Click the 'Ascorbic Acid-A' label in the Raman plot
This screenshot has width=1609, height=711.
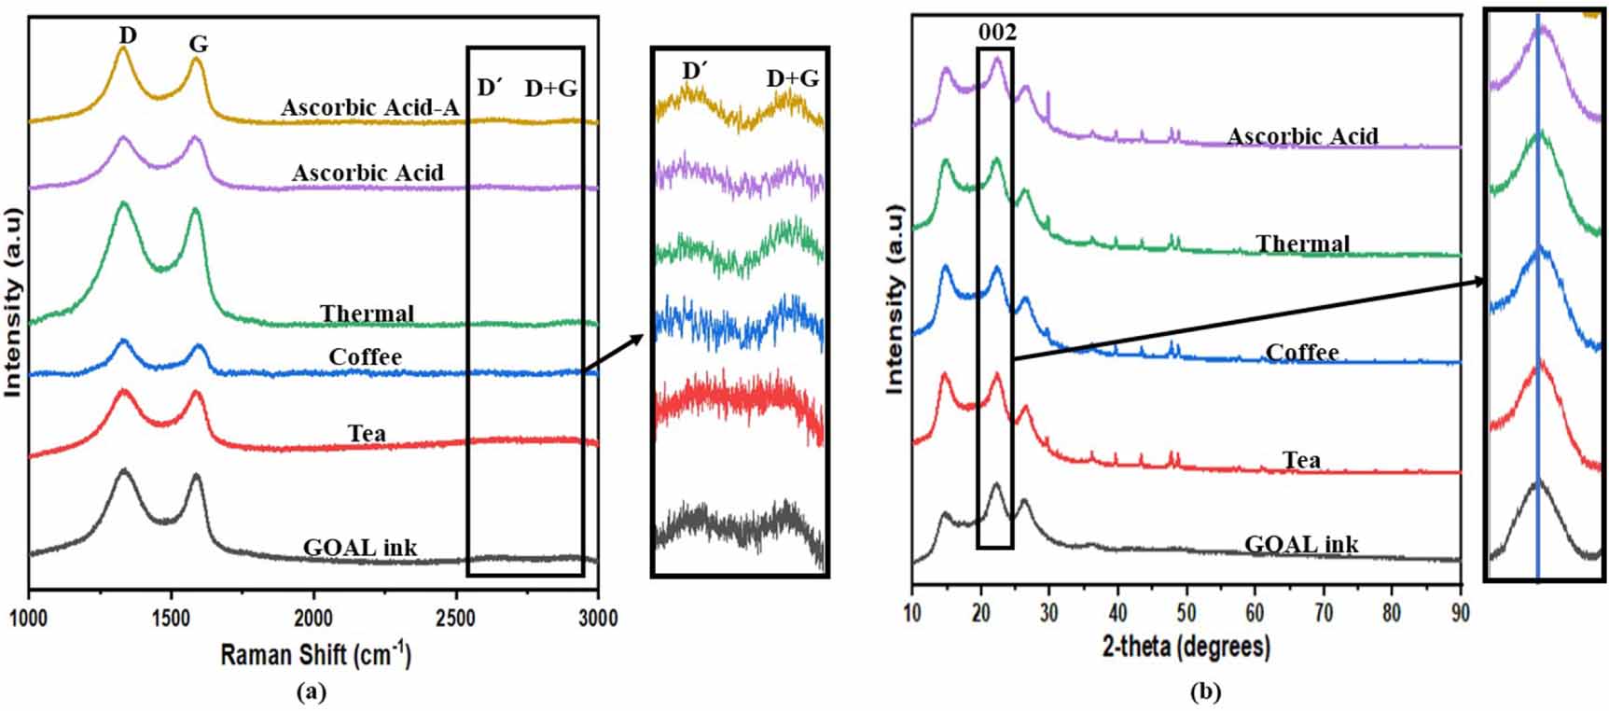pos(370,107)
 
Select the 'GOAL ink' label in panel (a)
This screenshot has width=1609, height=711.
pos(360,548)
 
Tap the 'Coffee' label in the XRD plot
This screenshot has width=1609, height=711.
pos(1302,353)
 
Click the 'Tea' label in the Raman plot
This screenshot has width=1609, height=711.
pos(367,433)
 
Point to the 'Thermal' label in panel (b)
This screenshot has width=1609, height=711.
pos(1302,244)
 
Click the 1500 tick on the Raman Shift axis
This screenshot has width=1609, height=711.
pos(171,619)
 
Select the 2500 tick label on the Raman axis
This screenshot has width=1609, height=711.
pos(456,619)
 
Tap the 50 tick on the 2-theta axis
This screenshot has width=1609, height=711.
pos(1186,613)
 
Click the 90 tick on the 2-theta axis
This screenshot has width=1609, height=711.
pos(1460,613)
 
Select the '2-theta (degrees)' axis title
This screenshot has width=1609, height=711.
pos(1186,646)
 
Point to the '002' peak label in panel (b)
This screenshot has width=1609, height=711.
pos(996,33)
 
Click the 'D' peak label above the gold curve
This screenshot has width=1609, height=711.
pos(128,35)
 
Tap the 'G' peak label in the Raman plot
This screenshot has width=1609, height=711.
pos(198,44)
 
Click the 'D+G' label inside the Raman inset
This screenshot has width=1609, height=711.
pos(792,78)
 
